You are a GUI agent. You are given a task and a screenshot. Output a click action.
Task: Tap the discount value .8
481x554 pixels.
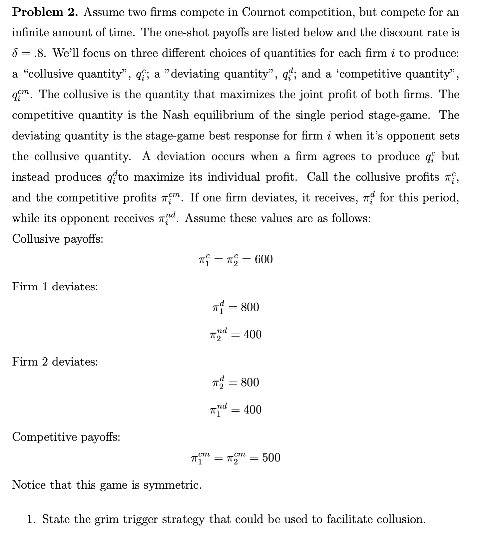(x=40, y=53)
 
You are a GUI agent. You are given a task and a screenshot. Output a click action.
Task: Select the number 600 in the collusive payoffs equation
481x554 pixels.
(x=263, y=259)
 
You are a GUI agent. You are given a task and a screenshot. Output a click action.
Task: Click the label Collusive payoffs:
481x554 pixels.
(x=57, y=239)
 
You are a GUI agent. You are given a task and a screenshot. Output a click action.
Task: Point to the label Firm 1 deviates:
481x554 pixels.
(x=55, y=287)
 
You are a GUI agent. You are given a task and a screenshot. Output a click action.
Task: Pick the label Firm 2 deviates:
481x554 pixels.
(x=55, y=362)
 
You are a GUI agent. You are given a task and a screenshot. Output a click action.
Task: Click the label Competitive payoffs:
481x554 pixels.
(x=66, y=437)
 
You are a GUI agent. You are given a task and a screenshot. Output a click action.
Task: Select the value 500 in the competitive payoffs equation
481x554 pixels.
(x=271, y=458)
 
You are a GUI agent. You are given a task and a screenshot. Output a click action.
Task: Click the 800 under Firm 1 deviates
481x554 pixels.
(x=250, y=307)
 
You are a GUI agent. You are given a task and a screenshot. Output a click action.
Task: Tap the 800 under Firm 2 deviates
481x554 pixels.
(x=250, y=382)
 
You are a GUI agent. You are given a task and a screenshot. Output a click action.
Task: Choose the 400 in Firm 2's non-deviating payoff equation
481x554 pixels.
(x=252, y=335)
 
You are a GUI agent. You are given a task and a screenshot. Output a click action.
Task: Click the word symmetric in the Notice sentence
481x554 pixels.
(x=172, y=485)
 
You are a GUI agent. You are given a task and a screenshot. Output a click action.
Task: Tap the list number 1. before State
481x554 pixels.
(x=31, y=519)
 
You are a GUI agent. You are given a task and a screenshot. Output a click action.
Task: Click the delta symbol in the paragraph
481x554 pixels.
(x=15, y=53)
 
